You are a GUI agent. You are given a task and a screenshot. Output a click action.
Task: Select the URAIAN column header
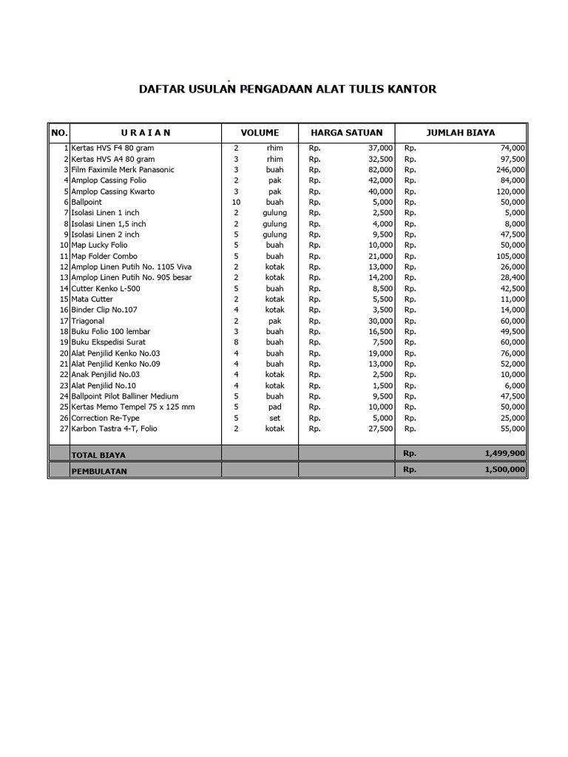click(146, 133)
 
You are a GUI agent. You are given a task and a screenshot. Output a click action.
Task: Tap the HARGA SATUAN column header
click(346, 133)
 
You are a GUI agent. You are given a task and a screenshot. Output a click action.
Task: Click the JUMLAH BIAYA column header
click(461, 133)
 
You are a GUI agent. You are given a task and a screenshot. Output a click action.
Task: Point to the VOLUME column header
click(260, 133)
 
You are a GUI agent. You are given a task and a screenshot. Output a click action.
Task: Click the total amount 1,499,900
click(505, 454)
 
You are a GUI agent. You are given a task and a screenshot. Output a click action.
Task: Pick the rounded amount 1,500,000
click(505, 469)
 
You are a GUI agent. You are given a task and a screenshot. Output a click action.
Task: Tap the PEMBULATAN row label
click(99, 470)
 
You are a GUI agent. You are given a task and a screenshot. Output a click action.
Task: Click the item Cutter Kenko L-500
click(105, 288)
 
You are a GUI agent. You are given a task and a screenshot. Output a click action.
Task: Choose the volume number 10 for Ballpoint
click(236, 202)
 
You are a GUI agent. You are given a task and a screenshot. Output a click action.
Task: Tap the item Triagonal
click(87, 321)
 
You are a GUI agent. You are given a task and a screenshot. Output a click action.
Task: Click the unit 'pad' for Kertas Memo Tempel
click(274, 407)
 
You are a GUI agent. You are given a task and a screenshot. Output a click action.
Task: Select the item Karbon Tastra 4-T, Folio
click(114, 429)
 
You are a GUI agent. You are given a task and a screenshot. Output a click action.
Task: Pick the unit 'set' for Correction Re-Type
click(274, 418)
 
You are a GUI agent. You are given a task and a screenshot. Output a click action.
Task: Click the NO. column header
click(59, 133)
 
